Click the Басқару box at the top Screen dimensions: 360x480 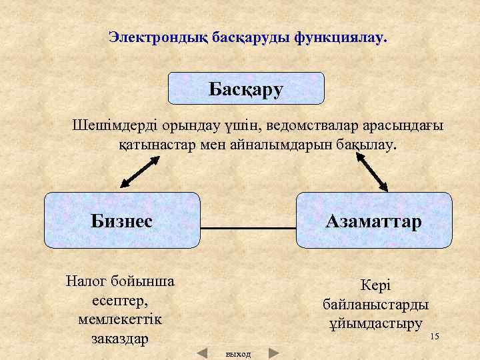coord(245,89)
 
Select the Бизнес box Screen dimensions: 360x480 coord(122,220)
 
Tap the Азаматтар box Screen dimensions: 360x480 coord(374,220)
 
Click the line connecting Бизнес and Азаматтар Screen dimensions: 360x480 coord(248,229)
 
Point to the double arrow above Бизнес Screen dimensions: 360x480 coord(140,174)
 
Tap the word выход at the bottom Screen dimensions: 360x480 coord(238,354)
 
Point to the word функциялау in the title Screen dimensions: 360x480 coord(338,37)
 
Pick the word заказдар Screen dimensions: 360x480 coord(120,338)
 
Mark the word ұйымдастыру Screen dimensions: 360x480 coord(375,324)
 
